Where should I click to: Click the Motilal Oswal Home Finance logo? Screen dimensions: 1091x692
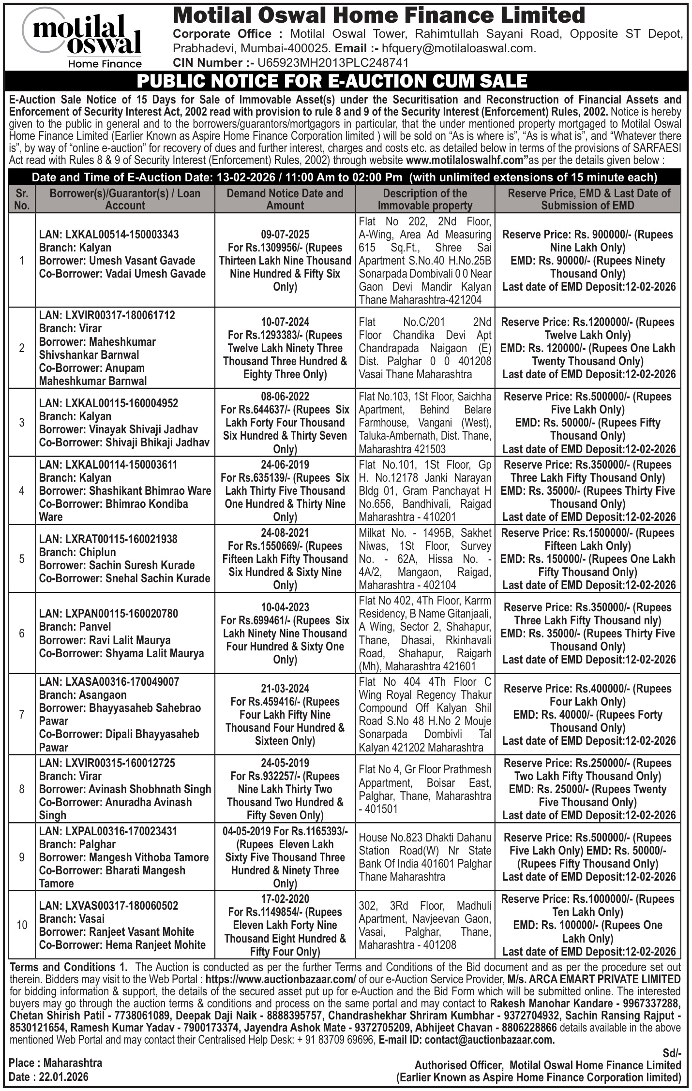coord(87,39)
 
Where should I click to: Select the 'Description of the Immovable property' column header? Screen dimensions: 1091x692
coord(425,199)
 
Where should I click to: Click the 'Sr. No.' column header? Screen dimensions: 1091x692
coord(22,199)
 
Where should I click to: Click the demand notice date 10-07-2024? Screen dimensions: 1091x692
coord(285,322)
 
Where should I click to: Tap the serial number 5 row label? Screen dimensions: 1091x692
coord(22,559)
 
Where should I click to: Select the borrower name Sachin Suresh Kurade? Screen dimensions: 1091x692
coord(142,565)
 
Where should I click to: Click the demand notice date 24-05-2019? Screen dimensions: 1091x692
coord(285,763)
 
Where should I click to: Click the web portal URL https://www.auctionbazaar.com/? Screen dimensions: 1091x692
coord(281,979)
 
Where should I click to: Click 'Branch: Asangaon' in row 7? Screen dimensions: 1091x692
coord(83,695)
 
